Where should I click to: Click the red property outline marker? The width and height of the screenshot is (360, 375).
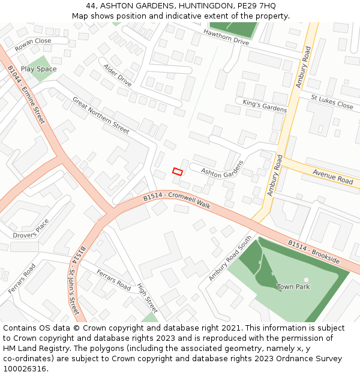coord(178,172)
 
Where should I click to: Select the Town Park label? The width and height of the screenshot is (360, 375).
coord(293,287)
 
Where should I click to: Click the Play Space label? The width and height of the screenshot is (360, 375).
coord(38,69)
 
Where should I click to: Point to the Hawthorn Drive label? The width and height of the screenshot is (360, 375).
coord(226,37)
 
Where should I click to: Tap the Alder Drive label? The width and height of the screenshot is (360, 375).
coord(117,75)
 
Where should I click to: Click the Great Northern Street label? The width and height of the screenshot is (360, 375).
coord(101,115)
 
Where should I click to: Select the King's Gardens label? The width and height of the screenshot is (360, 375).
coord(265,106)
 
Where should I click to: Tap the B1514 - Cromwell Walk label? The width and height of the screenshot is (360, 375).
coord(177,200)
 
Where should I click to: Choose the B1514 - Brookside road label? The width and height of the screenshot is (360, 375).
coord(313,252)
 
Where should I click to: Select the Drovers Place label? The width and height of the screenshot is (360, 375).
coord(31,229)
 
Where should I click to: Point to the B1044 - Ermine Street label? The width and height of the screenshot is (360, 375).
coord(27,95)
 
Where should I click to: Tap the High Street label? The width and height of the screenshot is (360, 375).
coord(147,298)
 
